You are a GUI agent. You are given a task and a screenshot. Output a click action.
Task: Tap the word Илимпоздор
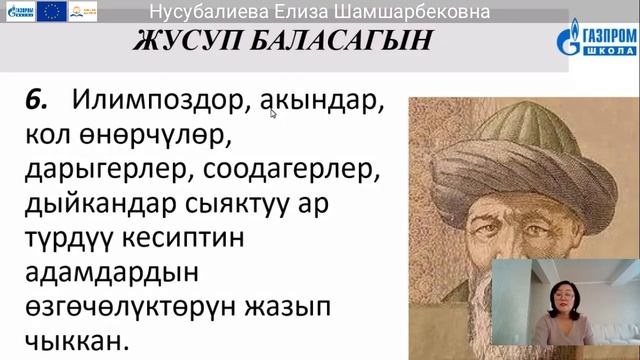pyautogui.click(x=161, y=102)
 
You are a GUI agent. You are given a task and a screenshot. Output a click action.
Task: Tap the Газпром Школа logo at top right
pyautogui.click(x=596, y=42)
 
